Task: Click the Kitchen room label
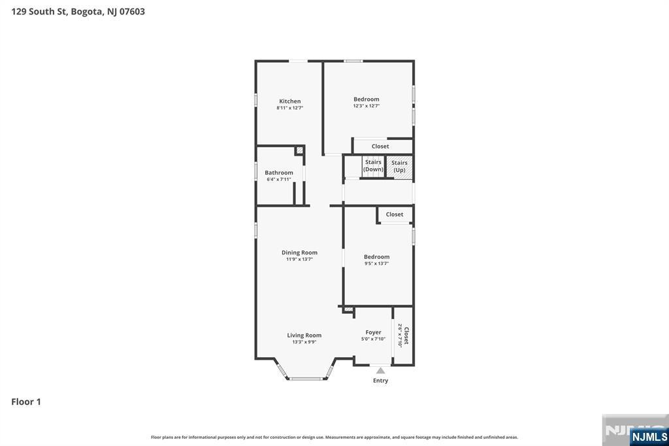coord(289,101)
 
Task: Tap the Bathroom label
coord(278,173)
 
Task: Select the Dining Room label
coord(299,252)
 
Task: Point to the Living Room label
coord(304,335)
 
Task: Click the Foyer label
coord(373,332)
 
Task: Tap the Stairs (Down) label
coord(373,165)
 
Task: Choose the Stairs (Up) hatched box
coord(400,167)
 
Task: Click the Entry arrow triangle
coord(381,370)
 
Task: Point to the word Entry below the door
coord(381,381)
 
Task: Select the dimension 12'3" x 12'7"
coord(366,106)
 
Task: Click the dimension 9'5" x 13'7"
coord(376,264)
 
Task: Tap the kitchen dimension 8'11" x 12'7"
coord(289,108)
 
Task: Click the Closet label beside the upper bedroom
coord(380,146)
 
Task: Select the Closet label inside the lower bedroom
coord(394,214)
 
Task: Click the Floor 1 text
coord(26,402)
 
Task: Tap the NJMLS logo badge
coord(649,436)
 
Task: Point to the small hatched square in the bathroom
coord(299,150)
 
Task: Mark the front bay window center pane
coord(306,379)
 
